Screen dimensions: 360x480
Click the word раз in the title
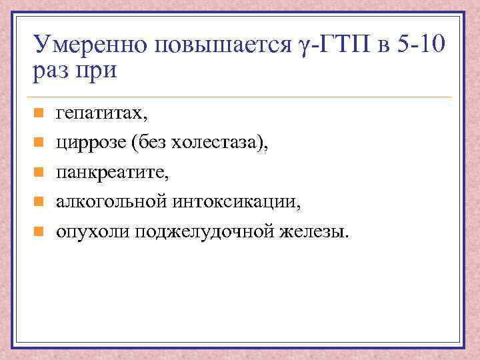pos(51,70)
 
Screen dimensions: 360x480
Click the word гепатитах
pos(103,114)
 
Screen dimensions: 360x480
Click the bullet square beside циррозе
pos(39,143)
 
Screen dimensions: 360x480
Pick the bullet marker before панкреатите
pos(39,172)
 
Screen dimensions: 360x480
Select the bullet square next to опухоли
pos(39,231)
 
